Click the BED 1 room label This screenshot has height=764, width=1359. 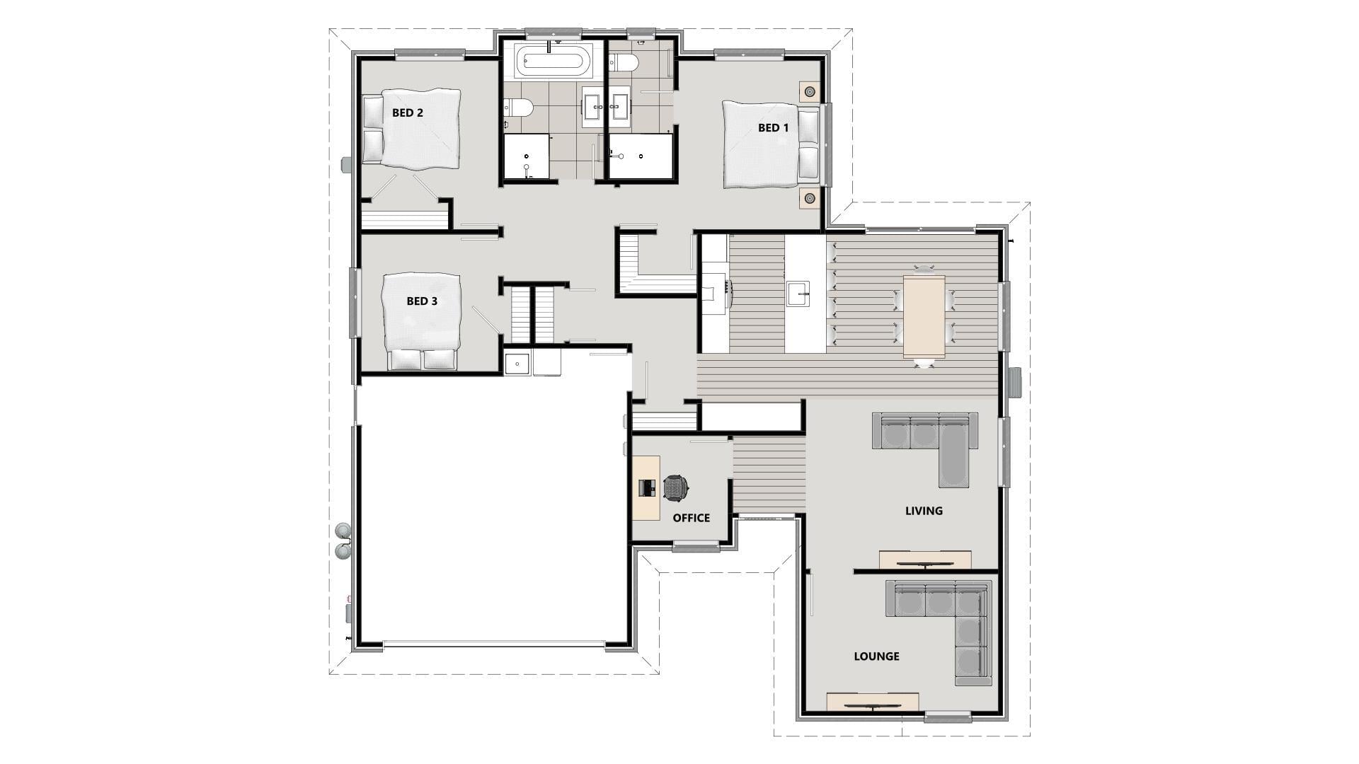click(773, 128)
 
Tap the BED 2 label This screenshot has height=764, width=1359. click(408, 112)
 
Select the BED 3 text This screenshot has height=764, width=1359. click(422, 301)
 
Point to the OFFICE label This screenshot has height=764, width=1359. click(691, 518)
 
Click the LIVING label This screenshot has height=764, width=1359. click(924, 511)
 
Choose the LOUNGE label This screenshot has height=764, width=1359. click(876, 656)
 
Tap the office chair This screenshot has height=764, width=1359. click(676, 487)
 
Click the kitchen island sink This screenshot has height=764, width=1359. click(798, 293)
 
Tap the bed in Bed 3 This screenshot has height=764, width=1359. click(421, 322)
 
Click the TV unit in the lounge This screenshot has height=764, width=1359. click(873, 702)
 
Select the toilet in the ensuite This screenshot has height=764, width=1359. click(624, 63)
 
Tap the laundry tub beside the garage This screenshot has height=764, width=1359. click(517, 364)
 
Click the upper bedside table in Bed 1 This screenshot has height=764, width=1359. click(809, 91)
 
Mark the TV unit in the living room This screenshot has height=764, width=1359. click(925, 560)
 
